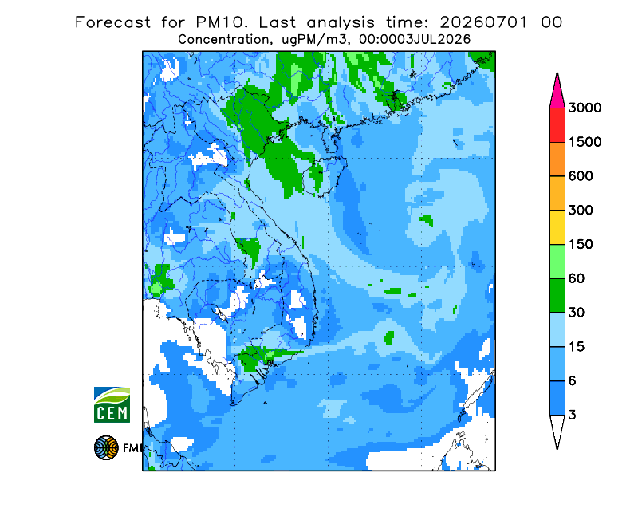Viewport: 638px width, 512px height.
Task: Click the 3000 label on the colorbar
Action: (585, 108)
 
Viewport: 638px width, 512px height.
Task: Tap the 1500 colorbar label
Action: (585, 142)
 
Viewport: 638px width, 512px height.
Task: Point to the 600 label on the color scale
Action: (581, 176)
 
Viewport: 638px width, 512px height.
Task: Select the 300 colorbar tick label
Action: (581, 211)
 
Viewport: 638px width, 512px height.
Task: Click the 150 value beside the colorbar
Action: (581, 245)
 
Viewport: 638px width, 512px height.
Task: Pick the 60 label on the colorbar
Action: (577, 279)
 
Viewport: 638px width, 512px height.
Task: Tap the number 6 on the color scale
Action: (573, 381)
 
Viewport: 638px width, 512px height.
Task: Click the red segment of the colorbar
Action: (557, 125)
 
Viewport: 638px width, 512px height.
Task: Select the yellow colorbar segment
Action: (557, 227)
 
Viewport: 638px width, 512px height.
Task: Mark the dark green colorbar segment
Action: (557, 296)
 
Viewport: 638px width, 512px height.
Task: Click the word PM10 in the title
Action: (222, 22)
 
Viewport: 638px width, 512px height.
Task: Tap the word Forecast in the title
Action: (112, 22)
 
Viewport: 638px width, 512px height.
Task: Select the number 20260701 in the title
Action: (484, 22)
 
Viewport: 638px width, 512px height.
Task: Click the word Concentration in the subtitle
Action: (223, 40)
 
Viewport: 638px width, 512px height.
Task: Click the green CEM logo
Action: (112, 405)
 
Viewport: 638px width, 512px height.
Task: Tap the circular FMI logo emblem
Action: (106, 447)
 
